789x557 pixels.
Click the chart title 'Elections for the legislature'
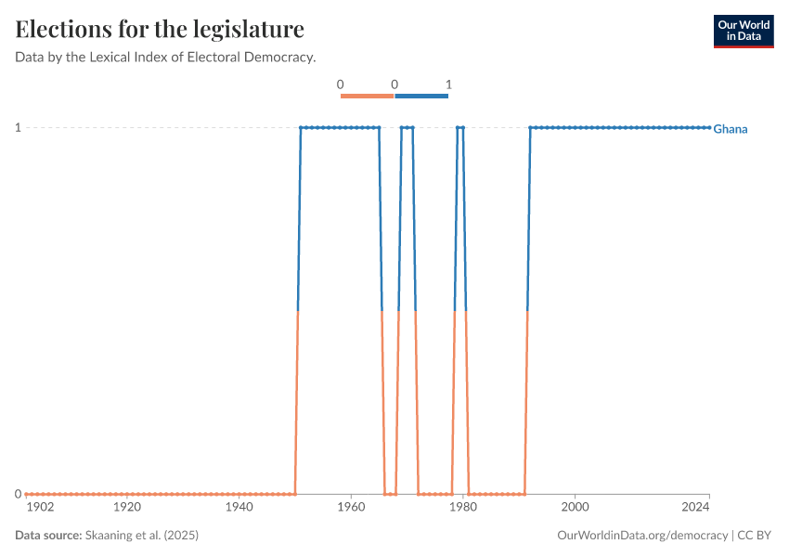(160, 29)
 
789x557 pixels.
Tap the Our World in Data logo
(743, 31)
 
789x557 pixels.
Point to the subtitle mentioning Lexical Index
(165, 58)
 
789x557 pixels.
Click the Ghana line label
(731, 129)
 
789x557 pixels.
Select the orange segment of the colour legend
(367, 96)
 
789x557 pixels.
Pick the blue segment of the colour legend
(421, 96)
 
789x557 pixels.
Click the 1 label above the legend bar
(448, 84)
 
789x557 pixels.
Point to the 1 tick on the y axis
(18, 127)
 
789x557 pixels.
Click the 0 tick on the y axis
(18, 494)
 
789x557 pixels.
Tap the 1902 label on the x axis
(40, 508)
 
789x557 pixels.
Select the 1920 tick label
(127, 508)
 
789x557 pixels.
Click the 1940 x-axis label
(239, 508)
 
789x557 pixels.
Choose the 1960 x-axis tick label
(351, 508)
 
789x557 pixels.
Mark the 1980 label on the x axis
(463, 508)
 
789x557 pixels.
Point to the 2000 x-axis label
(576, 508)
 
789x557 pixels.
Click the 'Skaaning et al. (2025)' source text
(141, 536)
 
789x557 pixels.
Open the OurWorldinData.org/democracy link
(642, 536)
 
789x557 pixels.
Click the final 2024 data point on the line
(709, 127)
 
